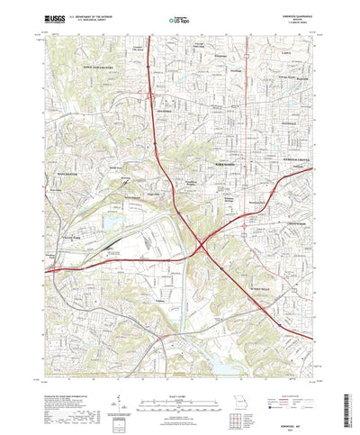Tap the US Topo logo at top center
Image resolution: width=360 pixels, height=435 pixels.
coord(179,16)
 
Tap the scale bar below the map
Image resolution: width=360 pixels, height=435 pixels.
coord(180,394)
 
